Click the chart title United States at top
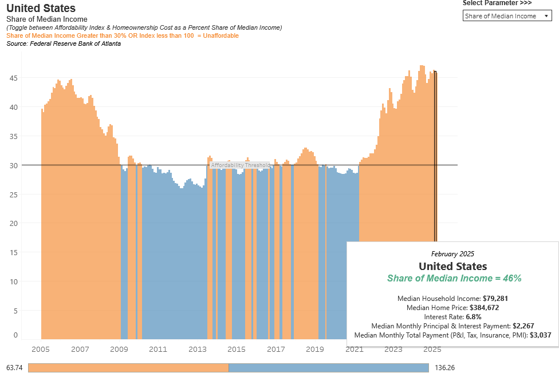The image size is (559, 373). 41,9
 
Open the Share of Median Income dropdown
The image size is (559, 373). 506,16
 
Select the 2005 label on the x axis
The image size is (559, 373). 41,350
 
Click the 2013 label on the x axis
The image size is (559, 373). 198,350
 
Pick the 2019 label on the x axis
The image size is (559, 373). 315,350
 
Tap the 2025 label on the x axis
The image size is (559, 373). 432,350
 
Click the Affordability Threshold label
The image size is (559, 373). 240,165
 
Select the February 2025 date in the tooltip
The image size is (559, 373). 452,253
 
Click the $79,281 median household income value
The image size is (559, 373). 495,299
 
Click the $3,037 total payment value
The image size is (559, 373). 541,335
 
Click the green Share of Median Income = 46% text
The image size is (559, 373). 454,279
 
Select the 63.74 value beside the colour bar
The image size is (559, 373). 14,367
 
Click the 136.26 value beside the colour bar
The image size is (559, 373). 444,367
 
